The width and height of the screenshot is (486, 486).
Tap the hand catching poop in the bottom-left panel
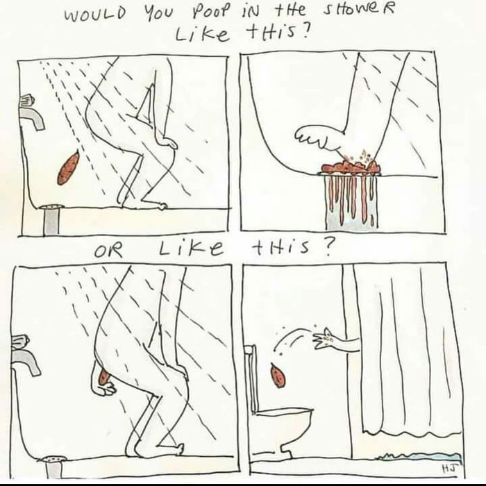click(106, 386)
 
